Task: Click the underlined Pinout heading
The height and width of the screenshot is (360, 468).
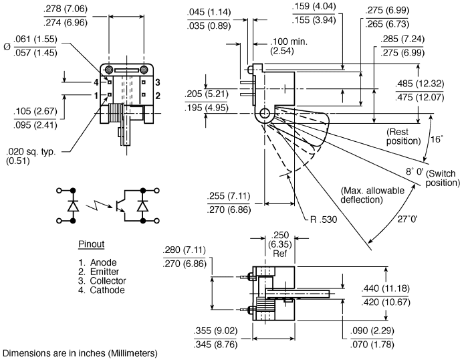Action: [x=92, y=244]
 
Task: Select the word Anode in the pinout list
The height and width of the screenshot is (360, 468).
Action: [x=103, y=262]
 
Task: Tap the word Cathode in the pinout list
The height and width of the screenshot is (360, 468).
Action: [x=107, y=290]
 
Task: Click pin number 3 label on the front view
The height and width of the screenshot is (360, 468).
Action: [x=157, y=82]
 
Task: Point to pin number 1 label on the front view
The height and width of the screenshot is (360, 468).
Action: [x=96, y=96]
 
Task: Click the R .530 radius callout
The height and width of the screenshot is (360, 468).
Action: [x=324, y=219]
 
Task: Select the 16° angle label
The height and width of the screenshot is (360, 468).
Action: [x=437, y=139]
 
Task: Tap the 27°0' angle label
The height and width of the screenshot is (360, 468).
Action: [x=408, y=219]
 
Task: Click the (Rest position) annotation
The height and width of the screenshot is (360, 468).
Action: [x=403, y=137]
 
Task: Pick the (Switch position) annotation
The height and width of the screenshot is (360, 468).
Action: [x=443, y=178]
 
